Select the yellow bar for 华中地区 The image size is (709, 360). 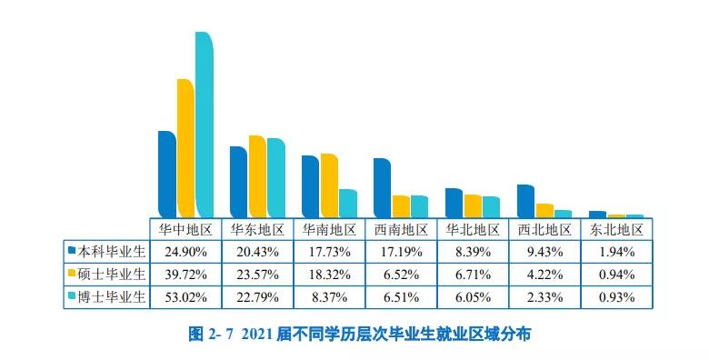185,148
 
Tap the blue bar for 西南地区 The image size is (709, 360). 382,188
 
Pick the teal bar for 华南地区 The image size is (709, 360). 347,203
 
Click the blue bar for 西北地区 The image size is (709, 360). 525,201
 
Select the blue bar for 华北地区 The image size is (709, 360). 454,203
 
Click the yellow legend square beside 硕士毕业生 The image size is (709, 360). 70,273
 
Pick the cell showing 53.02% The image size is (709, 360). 185,296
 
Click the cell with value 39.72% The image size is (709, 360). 185,273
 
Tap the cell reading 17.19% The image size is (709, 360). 401,250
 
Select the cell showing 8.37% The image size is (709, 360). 329,296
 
